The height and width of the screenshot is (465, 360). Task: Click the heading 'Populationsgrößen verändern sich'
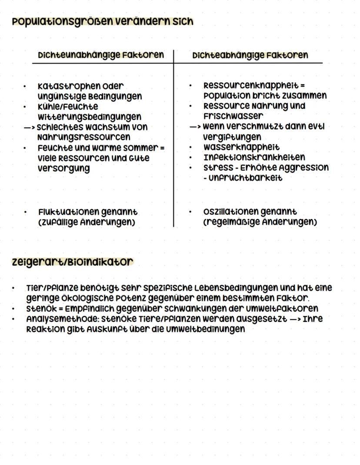click(x=103, y=21)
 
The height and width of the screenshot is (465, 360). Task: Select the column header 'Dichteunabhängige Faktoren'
click(x=101, y=55)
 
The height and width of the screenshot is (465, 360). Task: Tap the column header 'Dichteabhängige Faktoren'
click(x=250, y=55)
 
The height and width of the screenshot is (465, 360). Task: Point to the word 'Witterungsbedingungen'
click(x=89, y=116)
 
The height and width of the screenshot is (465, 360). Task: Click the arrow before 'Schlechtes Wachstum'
click(x=29, y=127)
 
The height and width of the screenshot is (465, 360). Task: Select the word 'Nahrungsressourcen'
click(x=84, y=137)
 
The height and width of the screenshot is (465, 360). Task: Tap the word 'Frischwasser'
click(x=233, y=116)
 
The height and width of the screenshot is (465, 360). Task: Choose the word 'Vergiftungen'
click(x=232, y=137)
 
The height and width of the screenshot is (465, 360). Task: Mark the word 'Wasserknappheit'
click(x=241, y=147)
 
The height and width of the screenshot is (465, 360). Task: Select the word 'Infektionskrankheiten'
click(x=254, y=157)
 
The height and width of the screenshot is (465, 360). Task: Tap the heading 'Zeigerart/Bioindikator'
click(x=72, y=262)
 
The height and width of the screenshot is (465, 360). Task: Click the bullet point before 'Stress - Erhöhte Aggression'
click(x=190, y=167)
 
